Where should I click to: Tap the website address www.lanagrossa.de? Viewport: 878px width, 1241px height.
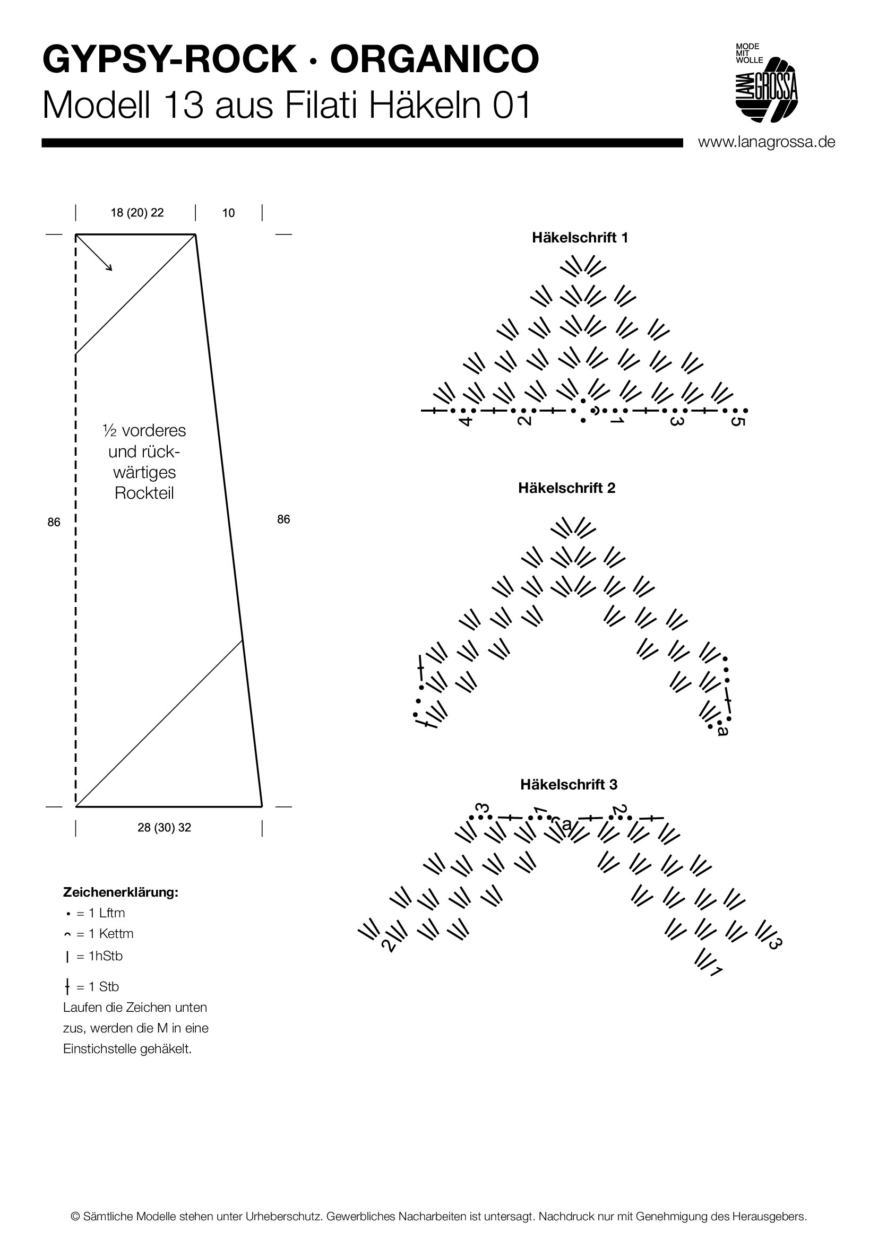point(766,142)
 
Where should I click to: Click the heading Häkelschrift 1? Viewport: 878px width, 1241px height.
point(580,238)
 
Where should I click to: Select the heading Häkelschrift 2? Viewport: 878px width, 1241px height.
point(566,488)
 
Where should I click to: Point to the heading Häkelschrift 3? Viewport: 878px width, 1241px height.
point(568,784)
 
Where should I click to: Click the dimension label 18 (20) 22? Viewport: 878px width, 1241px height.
point(137,213)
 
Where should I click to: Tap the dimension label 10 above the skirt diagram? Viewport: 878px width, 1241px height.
point(228,213)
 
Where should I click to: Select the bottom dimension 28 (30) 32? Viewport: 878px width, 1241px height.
point(164,828)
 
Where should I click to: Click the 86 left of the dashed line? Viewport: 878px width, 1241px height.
point(54,522)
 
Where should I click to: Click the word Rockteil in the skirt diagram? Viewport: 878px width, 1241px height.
point(144,493)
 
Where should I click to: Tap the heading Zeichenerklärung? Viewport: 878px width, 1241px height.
point(120,892)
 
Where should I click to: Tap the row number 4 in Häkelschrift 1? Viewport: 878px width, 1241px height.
point(466,421)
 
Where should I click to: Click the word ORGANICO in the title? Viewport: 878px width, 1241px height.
point(434,59)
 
